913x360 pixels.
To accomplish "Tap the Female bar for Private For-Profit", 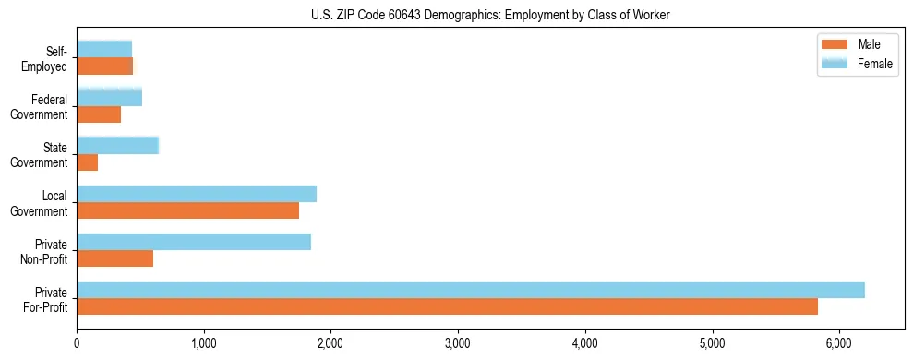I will click(x=471, y=290).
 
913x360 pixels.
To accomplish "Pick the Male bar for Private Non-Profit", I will click(x=115, y=258).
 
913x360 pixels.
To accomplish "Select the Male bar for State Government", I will click(x=88, y=162).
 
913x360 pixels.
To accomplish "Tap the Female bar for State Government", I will click(x=118, y=146).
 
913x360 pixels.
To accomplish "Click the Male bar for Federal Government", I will click(x=99, y=114).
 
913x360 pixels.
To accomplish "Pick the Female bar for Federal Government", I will click(x=110, y=98).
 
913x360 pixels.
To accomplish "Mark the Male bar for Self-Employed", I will click(x=105, y=66).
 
